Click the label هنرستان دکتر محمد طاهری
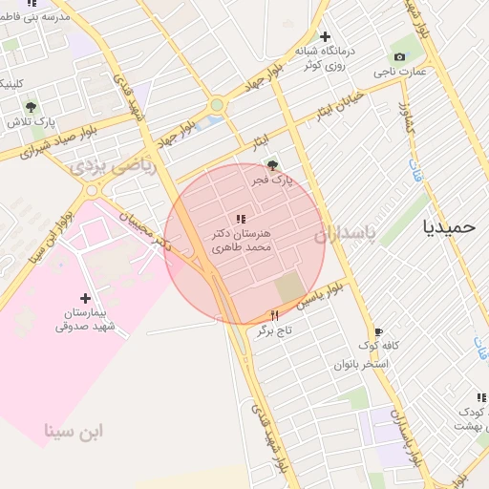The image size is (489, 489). click(240, 240)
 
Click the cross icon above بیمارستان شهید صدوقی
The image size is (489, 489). click(85, 298)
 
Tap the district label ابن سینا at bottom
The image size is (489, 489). click(74, 431)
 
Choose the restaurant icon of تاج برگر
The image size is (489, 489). click(275, 315)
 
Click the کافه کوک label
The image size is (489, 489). click(378, 346)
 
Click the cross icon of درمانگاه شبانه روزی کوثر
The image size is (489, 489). click(325, 36)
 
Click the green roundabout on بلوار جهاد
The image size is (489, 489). click(217, 105)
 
